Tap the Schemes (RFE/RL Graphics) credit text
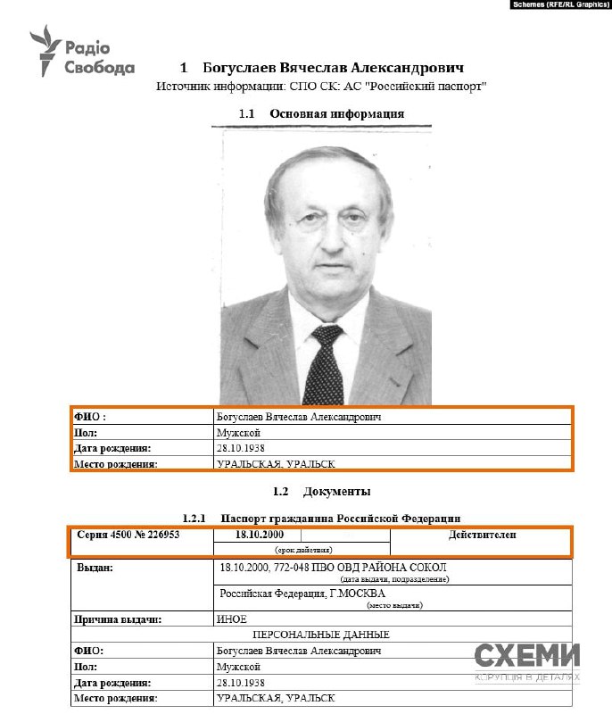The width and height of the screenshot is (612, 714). click(x=558, y=5)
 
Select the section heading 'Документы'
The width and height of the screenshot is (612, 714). click(x=336, y=492)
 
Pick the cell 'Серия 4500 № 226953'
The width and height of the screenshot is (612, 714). click(x=128, y=535)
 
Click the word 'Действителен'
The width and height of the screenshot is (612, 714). click(x=482, y=535)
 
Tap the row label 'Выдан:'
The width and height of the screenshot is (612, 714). click(x=95, y=568)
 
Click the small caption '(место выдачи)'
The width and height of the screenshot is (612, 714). click(x=392, y=605)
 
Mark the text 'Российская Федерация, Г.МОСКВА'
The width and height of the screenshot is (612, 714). click(x=302, y=594)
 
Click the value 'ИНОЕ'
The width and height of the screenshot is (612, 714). click(x=231, y=618)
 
